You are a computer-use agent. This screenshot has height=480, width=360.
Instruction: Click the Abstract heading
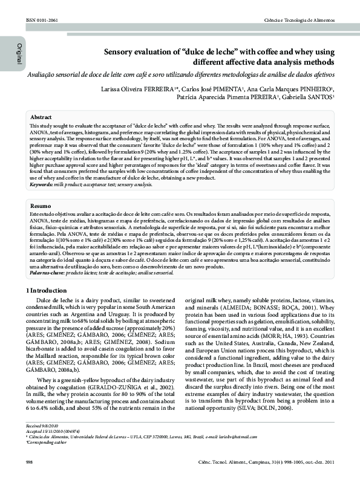coord(41,117)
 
